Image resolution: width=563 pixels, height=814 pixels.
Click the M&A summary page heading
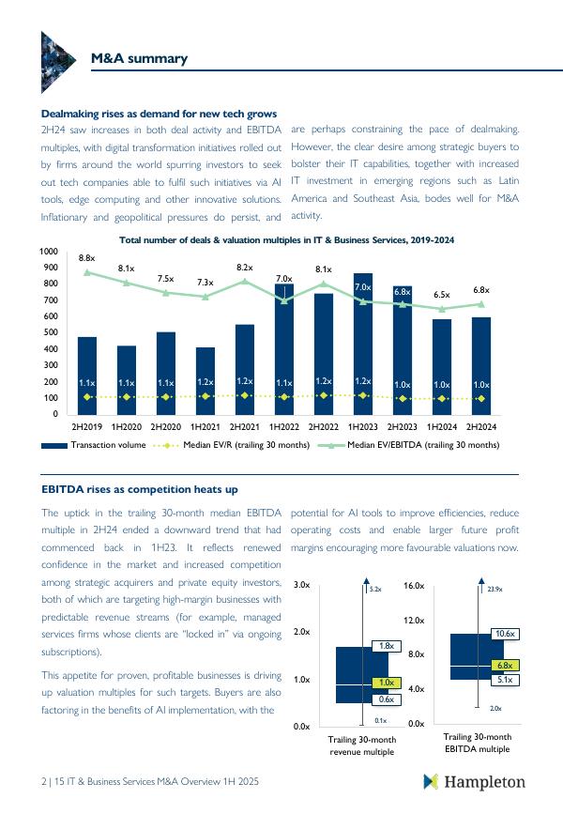pos(139,59)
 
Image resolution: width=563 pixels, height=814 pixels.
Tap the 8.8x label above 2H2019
pos(86,257)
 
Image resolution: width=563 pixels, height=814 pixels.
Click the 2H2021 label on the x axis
pos(245,425)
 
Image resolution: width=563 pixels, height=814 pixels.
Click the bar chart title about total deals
pos(286,240)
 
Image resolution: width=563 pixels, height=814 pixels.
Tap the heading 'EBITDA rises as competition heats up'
pos(140,489)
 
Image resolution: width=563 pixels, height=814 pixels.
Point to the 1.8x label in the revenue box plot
pos(386,646)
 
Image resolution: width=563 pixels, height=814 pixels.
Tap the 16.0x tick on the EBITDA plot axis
pos(415,585)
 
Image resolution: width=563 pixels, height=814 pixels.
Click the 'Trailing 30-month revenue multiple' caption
pos(362,745)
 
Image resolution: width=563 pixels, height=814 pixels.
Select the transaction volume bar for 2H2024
pos(481,366)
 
